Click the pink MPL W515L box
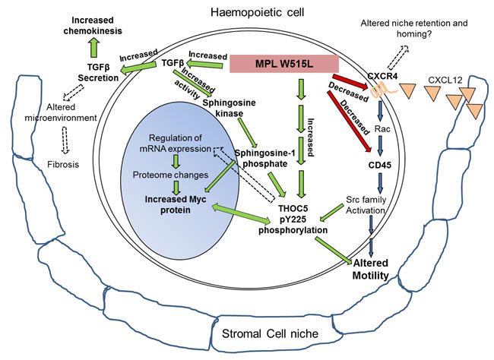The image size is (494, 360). (x=284, y=64)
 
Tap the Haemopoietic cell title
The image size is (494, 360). (x=258, y=12)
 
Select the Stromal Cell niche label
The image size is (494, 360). (x=270, y=333)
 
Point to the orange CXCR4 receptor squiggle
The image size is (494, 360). (x=384, y=90)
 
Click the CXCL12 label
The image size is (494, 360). (x=445, y=80)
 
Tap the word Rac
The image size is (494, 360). (x=382, y=129)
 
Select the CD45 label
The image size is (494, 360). (x=380, y=165)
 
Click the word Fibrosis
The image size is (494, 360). (x=63, y=164)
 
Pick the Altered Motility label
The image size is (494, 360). (x=371, y=270)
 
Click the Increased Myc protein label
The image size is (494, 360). (x=176, y=204)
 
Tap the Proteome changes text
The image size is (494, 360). (x=170, y=175)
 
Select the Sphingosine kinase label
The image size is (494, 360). (x=229, y=108)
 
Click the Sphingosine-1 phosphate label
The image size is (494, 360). (x=265, y=159)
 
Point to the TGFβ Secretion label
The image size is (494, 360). (x=98, y=72)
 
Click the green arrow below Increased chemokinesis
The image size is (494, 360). (x=93, y=48)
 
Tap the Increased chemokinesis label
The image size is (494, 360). (x=93, y=26)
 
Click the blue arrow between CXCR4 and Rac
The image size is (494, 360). (x=380, y=111)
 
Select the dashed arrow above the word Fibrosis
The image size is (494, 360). (x=65, y=141)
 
